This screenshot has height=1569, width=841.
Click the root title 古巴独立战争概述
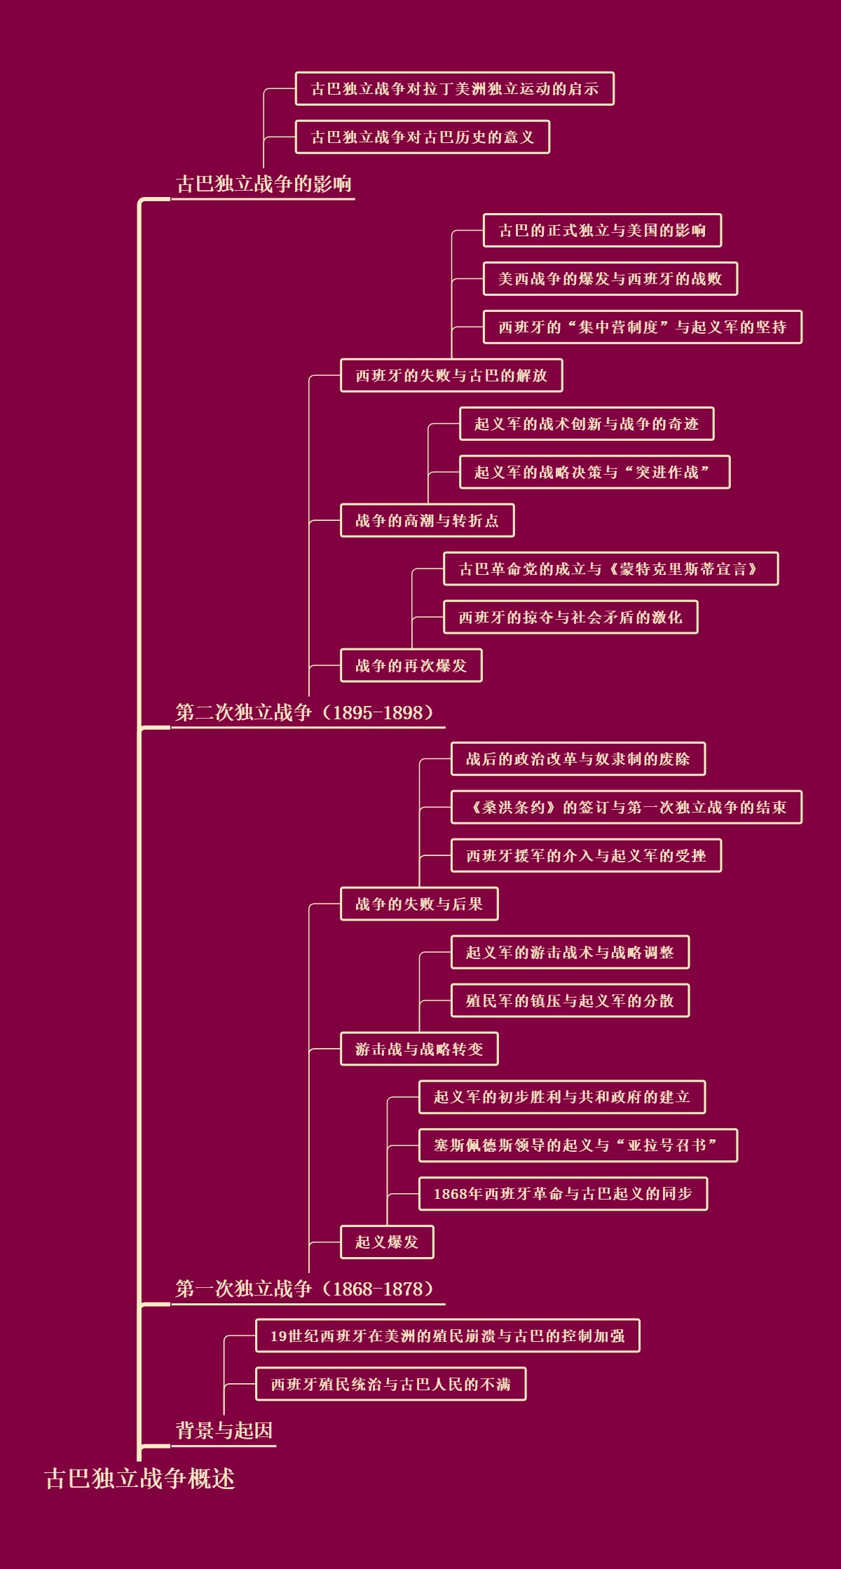tap(139, 1478)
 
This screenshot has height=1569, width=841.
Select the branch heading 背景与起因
tap(224, 1430)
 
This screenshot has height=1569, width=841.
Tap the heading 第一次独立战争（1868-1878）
tap(306, 1289)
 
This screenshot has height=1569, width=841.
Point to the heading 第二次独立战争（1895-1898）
tap(306, 712)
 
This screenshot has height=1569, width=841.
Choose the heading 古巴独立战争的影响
tap(264, 184)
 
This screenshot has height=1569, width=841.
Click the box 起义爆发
tap(387, 1242)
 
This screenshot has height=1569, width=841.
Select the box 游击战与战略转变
tap(419, 1049)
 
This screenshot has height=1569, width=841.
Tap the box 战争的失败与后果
tap(419, 904)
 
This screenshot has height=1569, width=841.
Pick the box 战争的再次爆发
tap(411, 666)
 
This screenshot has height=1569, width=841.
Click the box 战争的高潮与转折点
tap(428, 521)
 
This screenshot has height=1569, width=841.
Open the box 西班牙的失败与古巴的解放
tap(451, 376)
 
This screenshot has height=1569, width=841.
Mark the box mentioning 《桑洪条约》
tap(627, 808)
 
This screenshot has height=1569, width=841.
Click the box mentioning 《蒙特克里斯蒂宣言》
tap(610, 569)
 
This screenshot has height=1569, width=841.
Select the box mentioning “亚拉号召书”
tap(578, 1146)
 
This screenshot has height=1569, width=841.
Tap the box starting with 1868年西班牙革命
tap(563, 1194)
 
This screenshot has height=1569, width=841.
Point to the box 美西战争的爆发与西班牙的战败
tap(610, 279)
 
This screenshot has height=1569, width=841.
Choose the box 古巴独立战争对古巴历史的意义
tap(423, 137)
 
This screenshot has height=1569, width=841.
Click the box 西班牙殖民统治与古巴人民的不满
tap(391, 1384)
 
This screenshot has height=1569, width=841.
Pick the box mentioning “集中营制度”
tap(643, 327)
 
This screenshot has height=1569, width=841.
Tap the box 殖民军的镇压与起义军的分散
tap(570, 1001)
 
